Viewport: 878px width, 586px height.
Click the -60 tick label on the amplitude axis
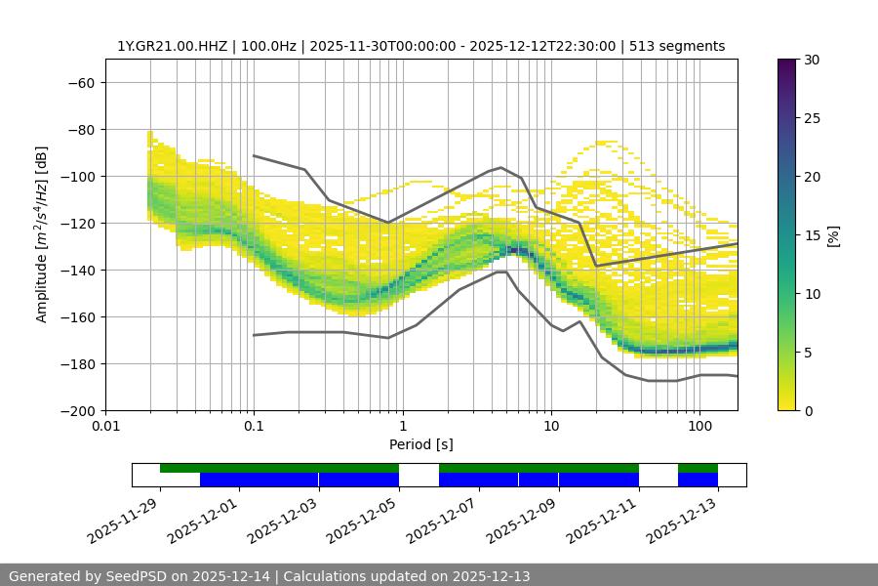(x=79, y=82)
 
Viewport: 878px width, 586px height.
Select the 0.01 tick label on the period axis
(x=105, y=427)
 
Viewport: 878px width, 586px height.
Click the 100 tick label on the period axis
(x=698, y=427)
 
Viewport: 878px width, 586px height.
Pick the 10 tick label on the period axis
(x=551, y=427)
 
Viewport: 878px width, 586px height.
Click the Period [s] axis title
(x=421, y=444)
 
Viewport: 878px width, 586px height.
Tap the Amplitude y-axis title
(x=42, y=234)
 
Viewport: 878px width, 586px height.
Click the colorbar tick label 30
(x=811, y=60)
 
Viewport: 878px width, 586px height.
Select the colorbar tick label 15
(x=811, y=235)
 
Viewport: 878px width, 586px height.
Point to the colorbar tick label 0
(x=807, y=410)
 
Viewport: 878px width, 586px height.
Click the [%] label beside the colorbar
(x=833, y=235)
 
